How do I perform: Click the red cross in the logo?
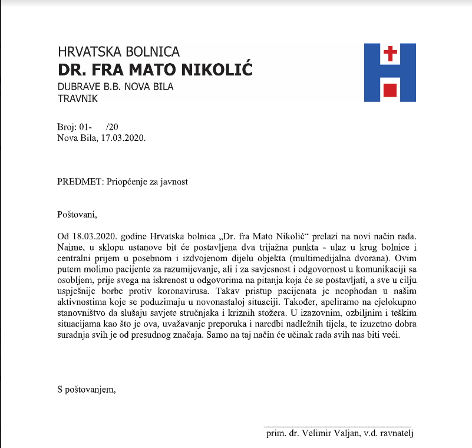tap(390, 55)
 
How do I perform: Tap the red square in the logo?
tap(390, 90)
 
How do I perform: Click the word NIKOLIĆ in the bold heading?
tap(214, 70)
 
